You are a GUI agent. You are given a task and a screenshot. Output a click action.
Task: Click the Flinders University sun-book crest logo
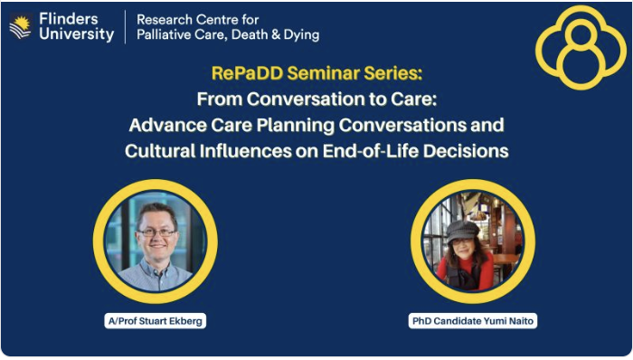pos(20,28)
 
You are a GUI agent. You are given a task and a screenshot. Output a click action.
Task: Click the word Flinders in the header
pos(69,19)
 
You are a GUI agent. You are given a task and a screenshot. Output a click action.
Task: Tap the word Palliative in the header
pos(167,35)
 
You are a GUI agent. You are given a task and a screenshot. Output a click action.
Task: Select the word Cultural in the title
pos(160,150)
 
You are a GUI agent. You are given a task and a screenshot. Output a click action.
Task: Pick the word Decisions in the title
pos(462,150)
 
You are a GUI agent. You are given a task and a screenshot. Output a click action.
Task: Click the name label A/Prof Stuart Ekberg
pos(155,320)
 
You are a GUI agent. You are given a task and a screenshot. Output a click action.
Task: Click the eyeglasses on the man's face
pos(156,232)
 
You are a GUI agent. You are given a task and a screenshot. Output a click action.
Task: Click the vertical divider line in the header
pos(125,27)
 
